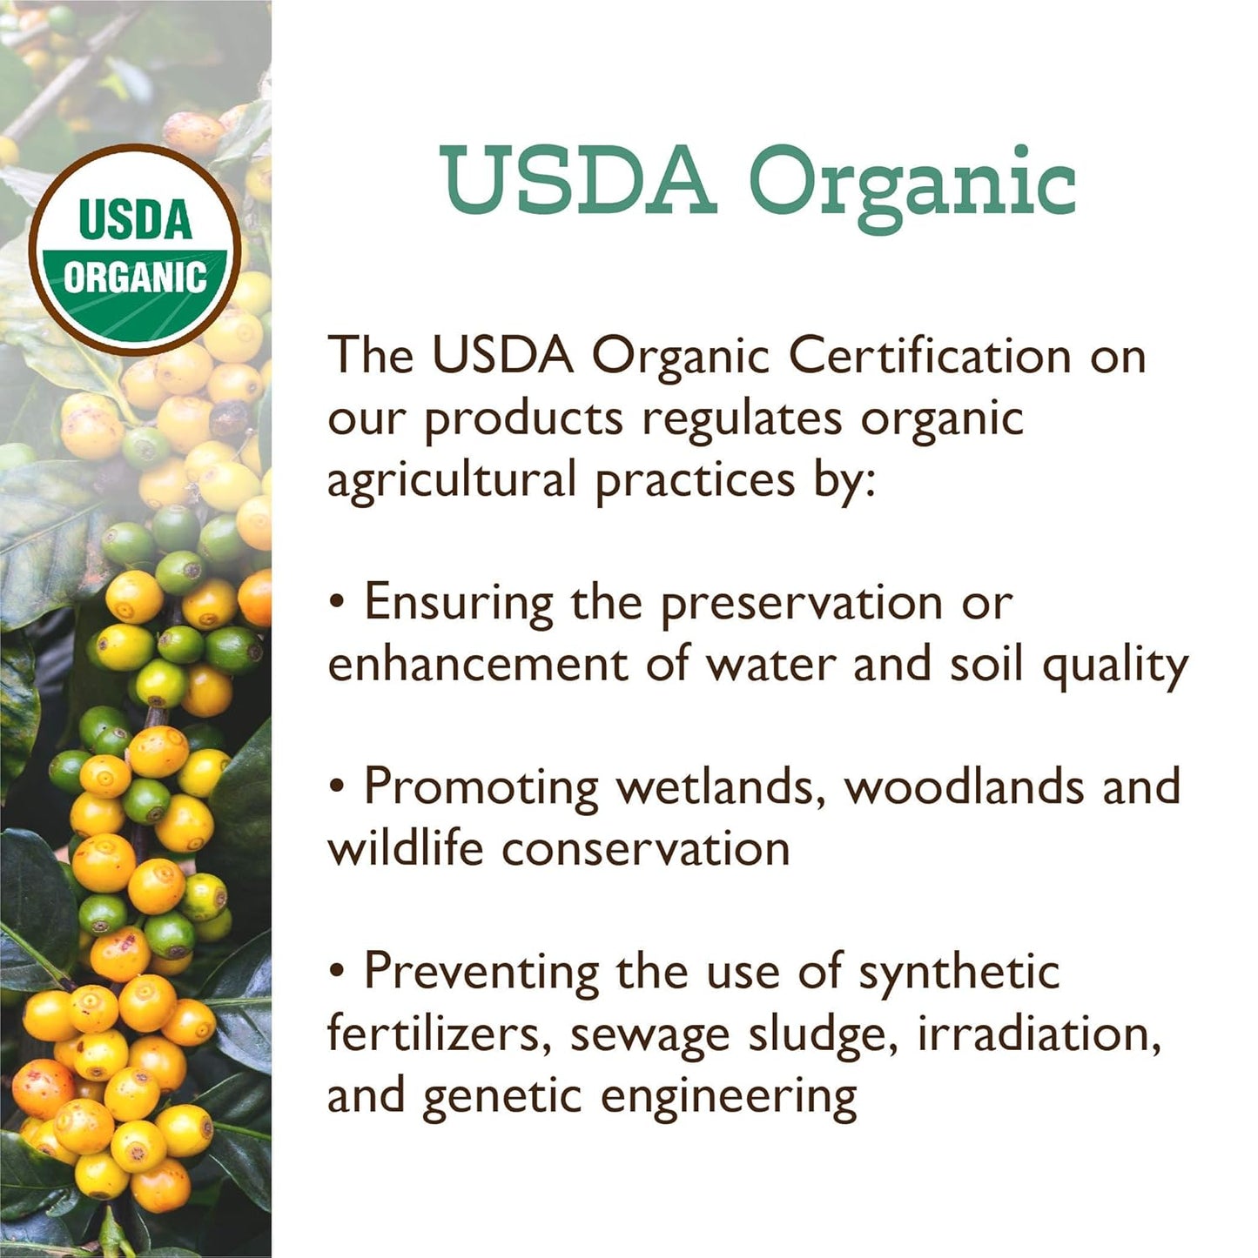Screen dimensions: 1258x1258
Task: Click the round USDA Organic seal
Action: (x=135, y=250)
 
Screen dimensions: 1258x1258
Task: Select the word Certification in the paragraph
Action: (x=930, y=356)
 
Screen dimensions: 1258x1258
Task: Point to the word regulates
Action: (x=743, y=418)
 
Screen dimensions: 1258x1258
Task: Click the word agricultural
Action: (x=452, y=481)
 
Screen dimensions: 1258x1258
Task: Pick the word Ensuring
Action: (x=459, y=603)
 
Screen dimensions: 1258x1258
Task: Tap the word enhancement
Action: (x=478, y=665)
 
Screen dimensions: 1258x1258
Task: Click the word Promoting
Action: (x=481, y=788)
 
